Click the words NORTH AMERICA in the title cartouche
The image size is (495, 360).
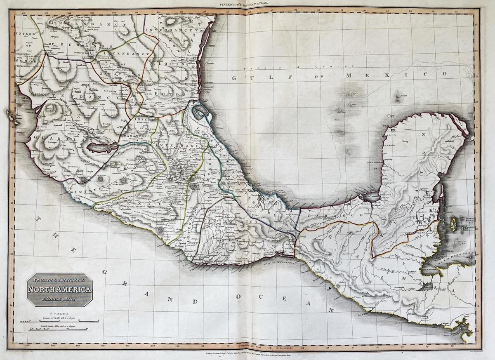click(60, 289)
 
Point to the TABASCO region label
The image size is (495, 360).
click(330, 215)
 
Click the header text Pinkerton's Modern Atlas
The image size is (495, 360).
click(247, 3)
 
